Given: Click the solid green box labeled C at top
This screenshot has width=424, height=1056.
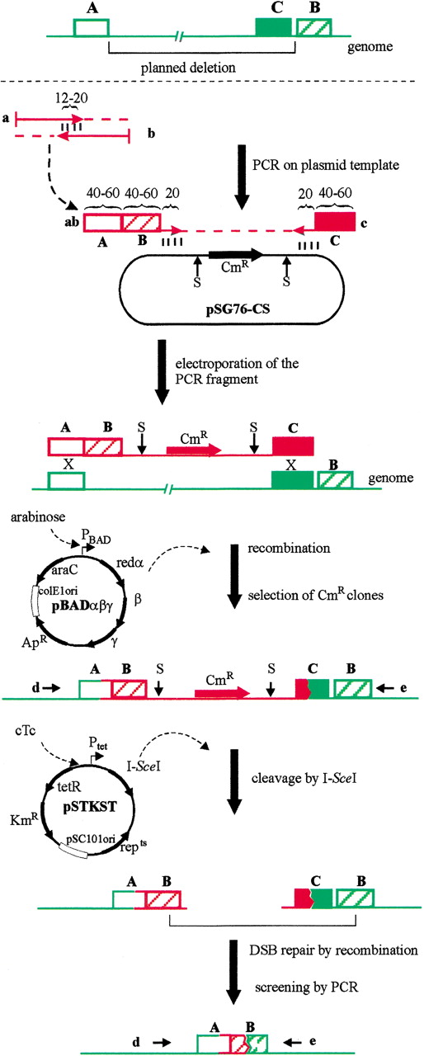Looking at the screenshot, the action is click(x=274, y=27).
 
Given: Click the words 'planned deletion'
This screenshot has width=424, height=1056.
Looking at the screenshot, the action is click(x=188, y=68).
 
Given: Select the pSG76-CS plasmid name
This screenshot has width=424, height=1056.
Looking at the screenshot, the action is click(x=238, y=310).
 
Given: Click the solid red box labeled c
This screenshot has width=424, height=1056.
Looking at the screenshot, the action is click(x=335, y=222).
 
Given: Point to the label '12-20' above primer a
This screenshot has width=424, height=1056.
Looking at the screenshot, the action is click(x=71, y=98).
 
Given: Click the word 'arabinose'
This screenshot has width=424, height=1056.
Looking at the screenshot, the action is click(x=38, y=517).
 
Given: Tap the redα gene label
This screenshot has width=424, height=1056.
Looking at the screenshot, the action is click(x=130, y=563).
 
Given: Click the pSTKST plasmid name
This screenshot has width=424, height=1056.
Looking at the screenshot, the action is click(x=90, y=806).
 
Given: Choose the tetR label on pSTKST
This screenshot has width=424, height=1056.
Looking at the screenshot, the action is click(x=69, y=786).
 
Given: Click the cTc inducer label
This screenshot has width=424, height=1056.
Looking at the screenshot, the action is click(x=26, y=731).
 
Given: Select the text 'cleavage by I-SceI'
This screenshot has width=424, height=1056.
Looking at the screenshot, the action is click(x=304, y=778).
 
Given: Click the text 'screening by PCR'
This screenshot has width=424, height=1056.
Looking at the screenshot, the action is click(x=306, y=987).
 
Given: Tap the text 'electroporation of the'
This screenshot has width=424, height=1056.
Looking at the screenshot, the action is click(x=237, y=364).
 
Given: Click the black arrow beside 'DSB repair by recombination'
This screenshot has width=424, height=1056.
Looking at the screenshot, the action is click(x=234, y=972).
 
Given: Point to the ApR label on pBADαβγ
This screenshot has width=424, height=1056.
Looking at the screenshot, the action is click(x=35, y=641).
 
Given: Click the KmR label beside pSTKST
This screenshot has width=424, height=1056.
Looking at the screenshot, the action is click(x=24, y=819).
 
